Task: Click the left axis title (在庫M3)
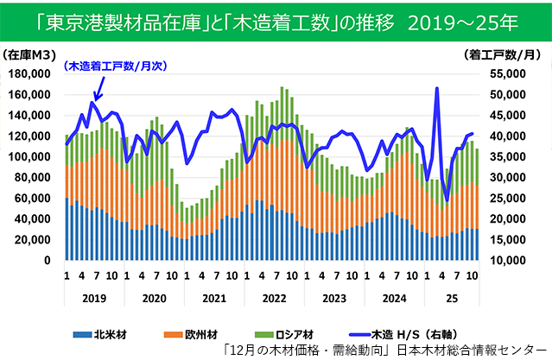tap(31, 54)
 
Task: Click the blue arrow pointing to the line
tap(98, 89)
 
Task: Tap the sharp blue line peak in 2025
tap(437, 88)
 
